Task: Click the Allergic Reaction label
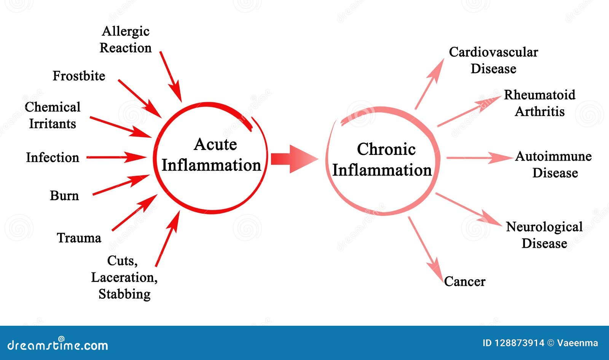point(126,40)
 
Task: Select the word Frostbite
point(79,76)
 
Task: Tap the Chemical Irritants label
point(53,115)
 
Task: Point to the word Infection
point(53,157)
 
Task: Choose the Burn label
point(64,196)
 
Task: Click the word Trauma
point(79,238)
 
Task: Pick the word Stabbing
point(124,294)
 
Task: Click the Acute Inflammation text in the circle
point(212,155)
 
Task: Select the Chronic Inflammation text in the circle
point(383,160)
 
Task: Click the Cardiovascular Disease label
point(493,60)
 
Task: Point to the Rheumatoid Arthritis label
point(540,103)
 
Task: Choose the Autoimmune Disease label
point(554,164)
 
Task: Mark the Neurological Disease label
point(544,235)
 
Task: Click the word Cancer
point(465,282)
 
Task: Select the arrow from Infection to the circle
point(116,157)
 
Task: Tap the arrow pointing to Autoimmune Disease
point(480,158)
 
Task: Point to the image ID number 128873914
point(519,343)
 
